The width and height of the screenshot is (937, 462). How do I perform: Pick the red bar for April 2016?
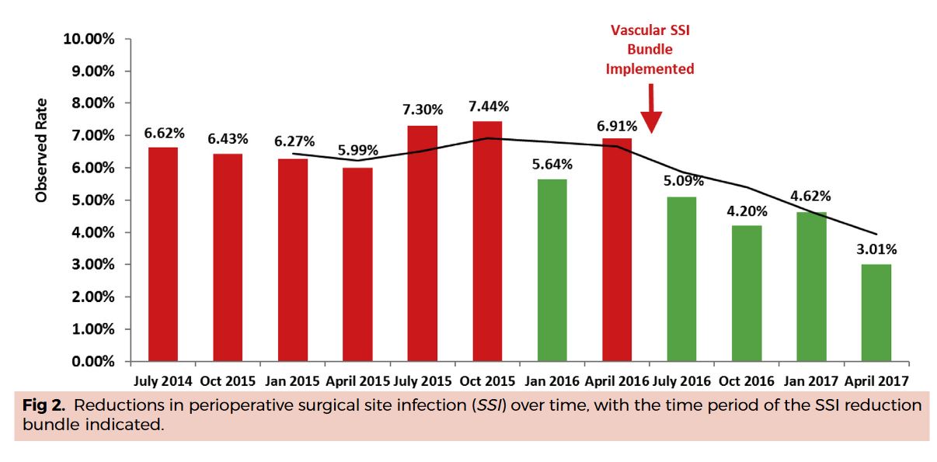(x=617, y=249)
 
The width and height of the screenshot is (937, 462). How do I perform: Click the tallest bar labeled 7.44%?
(x=487, y=241)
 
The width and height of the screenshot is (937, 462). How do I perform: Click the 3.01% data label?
(x=876, y=249)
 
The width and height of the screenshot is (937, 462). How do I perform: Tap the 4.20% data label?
(x=747, y=210)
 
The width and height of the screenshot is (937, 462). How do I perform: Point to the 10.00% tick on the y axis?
(x=88, y=39)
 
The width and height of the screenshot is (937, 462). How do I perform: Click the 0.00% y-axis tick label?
(x=91, y=362)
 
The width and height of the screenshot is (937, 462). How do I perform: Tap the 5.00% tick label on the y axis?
(x=91, y=200)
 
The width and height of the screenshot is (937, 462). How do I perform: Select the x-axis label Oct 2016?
(x=746, y=380)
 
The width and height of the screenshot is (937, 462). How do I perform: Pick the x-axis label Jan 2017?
(x=811, y=380)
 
